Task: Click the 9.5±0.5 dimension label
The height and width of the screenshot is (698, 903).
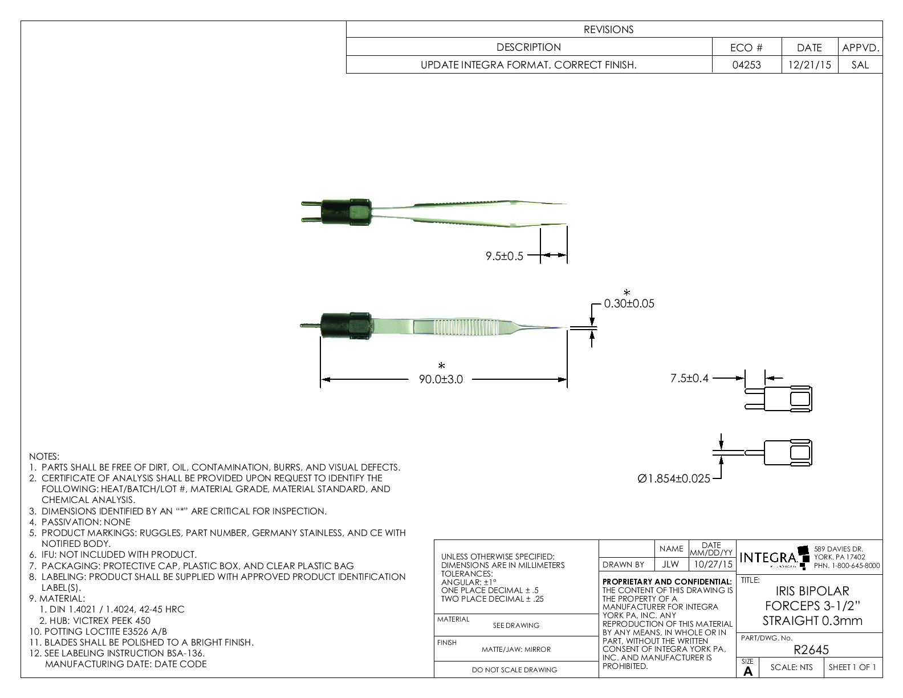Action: (504, 256)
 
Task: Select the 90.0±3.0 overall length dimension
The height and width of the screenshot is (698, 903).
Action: (442, 379)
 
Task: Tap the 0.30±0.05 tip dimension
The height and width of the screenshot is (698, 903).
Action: (629, 304)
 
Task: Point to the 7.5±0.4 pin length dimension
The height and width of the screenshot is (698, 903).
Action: (689, 378)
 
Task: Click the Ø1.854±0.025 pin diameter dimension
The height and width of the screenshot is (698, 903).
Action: (674, 479)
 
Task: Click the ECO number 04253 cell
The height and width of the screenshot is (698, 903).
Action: (746, 65)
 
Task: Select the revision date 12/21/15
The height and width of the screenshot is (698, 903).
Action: (809, 65)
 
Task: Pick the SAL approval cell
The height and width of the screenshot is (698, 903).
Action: (860, 65)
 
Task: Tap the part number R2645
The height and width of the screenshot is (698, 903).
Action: (811, 650)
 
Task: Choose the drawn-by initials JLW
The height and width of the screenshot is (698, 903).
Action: (670, 565)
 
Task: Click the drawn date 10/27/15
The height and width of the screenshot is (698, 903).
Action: (711, 565)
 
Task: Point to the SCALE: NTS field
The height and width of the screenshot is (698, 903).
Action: (791, 668)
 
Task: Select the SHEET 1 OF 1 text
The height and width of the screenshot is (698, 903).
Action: (852, 668)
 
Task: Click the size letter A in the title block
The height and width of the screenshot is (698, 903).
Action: (747, 671)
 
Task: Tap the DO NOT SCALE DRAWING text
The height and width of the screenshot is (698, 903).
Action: (514, 670)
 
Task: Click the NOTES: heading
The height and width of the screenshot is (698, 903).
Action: (44, 457)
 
